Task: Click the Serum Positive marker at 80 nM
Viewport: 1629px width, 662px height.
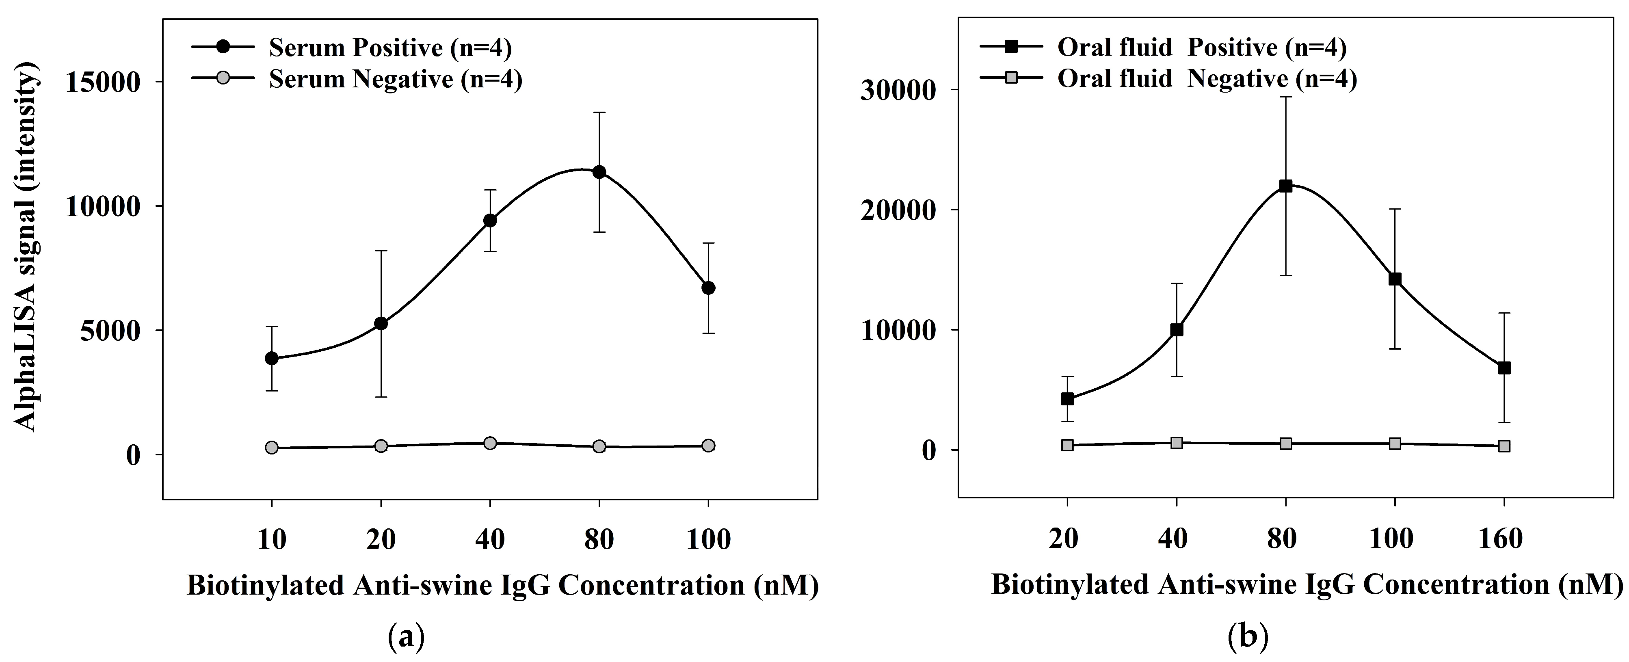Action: tap(599, 172)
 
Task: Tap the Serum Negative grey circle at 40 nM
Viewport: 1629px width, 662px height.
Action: tap(490, 443)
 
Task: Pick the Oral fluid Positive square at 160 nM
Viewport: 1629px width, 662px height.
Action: tap(1504, 368)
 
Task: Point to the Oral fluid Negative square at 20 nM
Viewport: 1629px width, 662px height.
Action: tap(1067, 445)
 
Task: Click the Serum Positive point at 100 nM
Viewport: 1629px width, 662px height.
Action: tap(708, 288)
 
